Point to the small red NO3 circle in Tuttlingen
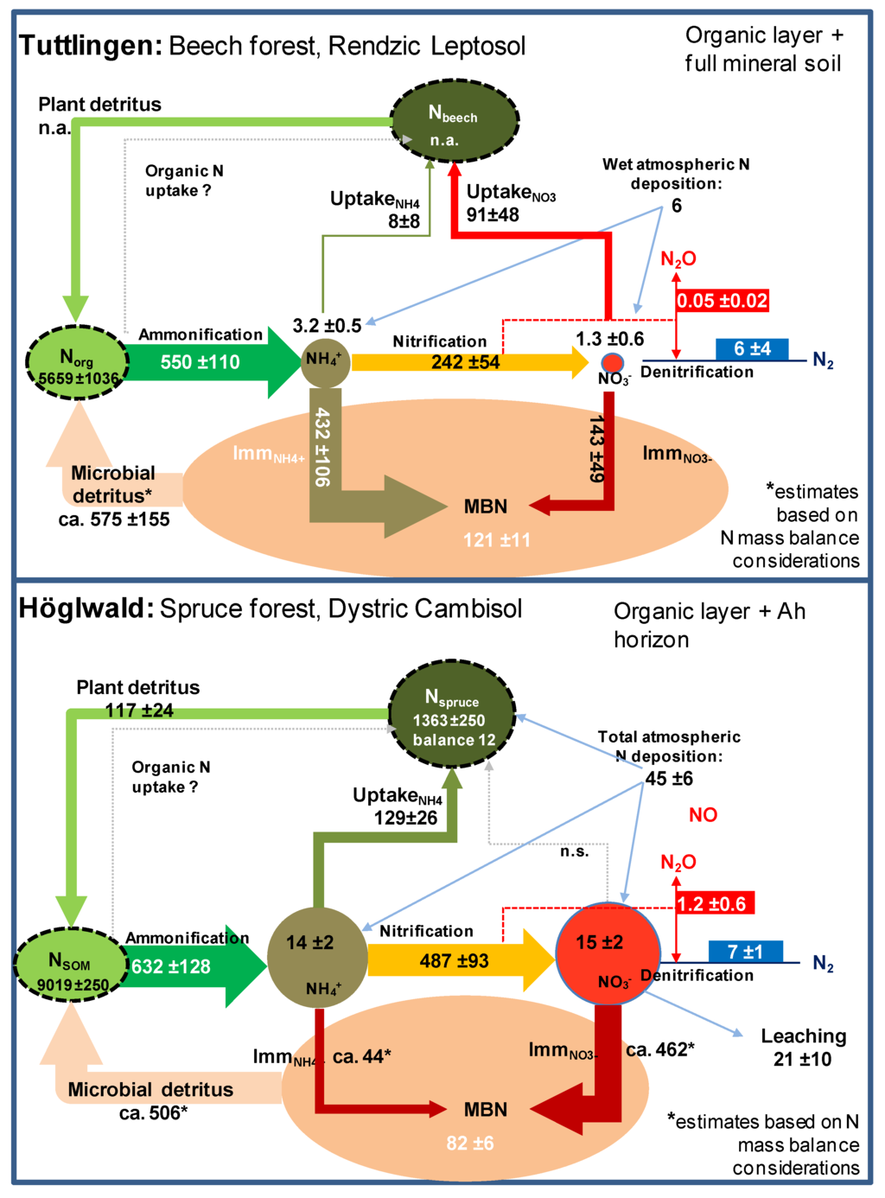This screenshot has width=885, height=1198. [612, 362]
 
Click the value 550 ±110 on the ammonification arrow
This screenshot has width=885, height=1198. [200, 363]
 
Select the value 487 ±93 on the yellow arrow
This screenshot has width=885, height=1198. [454, 960]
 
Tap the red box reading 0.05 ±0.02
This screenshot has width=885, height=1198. [722, 301]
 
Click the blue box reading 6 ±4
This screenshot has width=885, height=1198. [752, 349]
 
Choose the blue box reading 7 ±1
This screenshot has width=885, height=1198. [745, 952]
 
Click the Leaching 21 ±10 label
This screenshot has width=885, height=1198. [802, 1047]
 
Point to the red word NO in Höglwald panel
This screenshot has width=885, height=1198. [703, 815]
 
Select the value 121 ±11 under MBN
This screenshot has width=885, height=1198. [496, 540]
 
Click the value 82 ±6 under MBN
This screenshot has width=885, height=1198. [469, 1143]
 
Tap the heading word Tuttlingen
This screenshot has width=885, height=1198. [90, 46]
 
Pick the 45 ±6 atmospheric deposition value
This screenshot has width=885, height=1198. [668, 779]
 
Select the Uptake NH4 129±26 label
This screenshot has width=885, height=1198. [399, 806]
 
